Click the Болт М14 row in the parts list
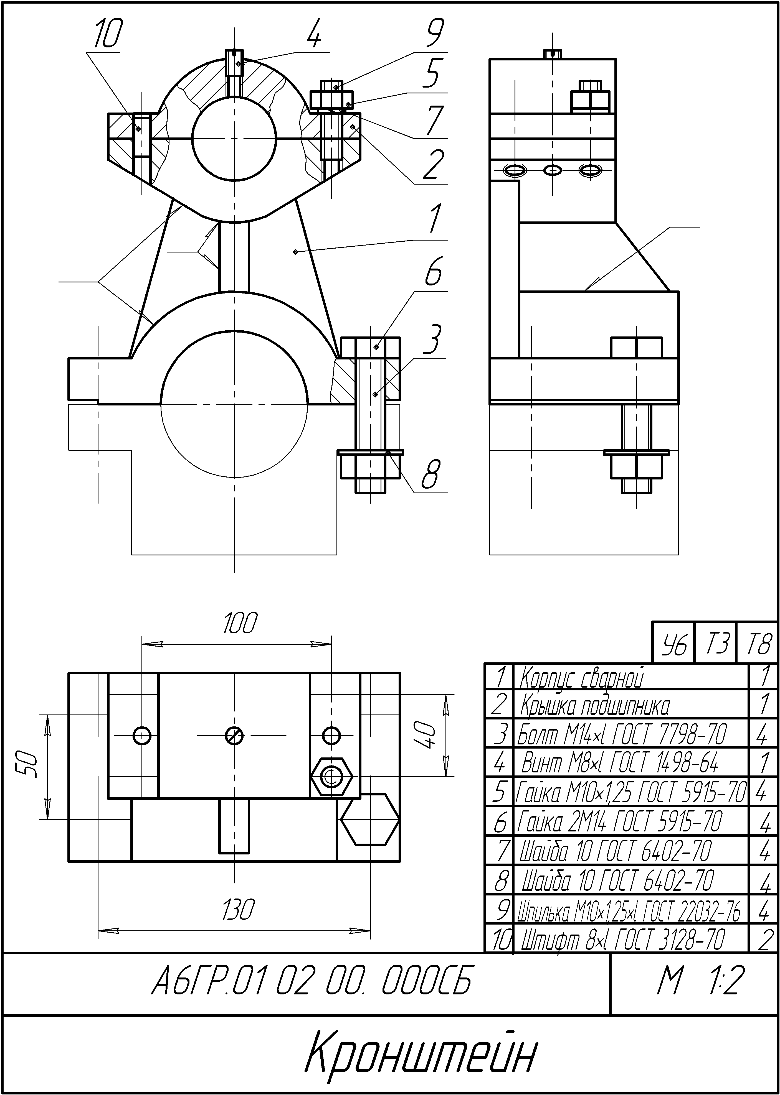coord(622,734)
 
